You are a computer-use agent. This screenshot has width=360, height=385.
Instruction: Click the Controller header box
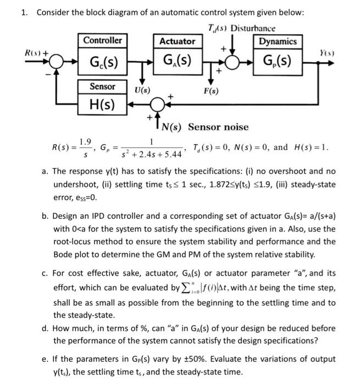103,41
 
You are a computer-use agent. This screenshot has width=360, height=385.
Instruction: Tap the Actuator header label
177,41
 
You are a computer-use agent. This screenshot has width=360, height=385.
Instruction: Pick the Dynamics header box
278,41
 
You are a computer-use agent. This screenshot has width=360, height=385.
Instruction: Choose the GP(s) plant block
278,60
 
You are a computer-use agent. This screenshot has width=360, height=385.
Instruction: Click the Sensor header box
103,86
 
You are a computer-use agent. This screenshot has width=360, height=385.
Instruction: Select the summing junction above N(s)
160,103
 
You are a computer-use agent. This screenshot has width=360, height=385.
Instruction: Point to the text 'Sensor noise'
218,127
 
